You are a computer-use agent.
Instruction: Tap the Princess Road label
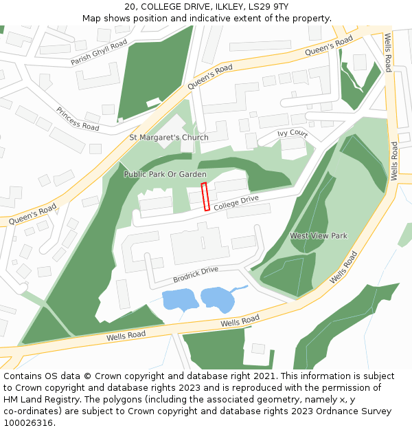pyautogui.click(x=78, y=118)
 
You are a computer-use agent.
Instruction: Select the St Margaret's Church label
pyautogui.click(x=169, y=137)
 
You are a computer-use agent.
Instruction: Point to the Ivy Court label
pyautogui.click(x=292, y=133)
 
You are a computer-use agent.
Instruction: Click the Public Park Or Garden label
pyautogui.click(x=165, y=174)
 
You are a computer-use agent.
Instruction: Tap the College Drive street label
pyautogui.click(x=236, y=203)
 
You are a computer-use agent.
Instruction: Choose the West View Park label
pyautogui.click(x=319, y=235)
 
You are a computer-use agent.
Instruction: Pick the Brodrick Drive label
pyautogui.click(x=195, y=275)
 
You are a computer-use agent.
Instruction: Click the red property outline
pyautogui.click(x=205, y=197)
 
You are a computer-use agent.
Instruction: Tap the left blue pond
pyautogui.click(x=178, y=300)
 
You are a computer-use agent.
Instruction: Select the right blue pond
pyautogui.click(x=218, y=298)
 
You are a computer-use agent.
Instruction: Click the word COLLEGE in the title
pyautogui.click(x=162, y=7)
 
